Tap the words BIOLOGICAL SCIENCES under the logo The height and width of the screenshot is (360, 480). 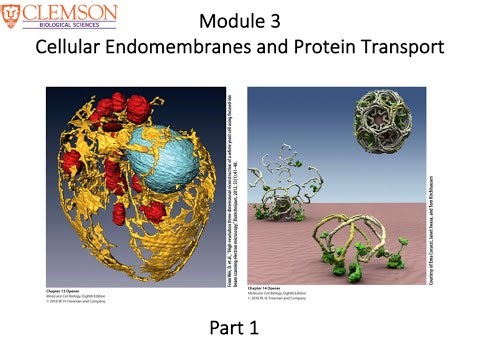click(x=73, y=24)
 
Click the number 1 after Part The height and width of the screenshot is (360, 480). click(x=264, y=327)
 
